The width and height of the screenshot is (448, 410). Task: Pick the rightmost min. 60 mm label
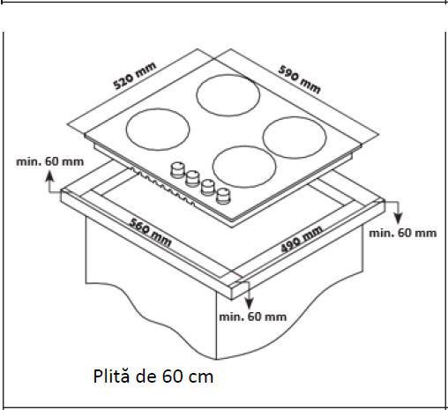click(402, 233)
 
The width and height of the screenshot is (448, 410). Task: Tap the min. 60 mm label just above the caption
click(252, 316)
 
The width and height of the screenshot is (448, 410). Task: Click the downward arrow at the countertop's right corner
click(396, 212)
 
